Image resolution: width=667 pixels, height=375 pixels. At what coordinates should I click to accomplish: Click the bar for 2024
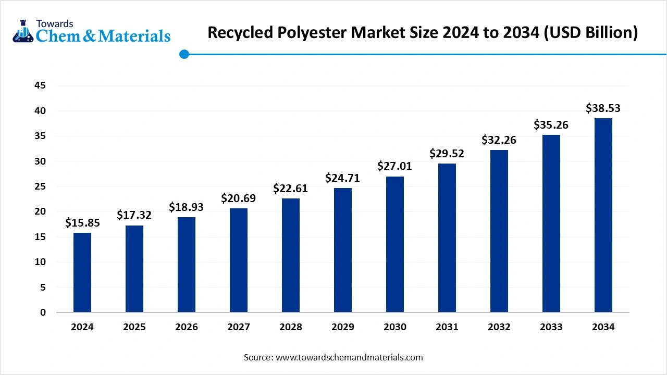pos(82,272)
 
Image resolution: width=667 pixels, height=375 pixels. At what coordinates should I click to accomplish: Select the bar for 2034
pos(603,215)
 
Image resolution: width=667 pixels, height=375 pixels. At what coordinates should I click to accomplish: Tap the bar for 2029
pos(343,250)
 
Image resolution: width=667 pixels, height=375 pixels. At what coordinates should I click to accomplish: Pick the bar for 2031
pos(447,238)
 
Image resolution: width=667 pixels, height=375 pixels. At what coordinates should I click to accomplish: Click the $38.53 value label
pos(603,108)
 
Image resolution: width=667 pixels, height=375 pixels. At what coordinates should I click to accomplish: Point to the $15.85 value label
pos(82,223)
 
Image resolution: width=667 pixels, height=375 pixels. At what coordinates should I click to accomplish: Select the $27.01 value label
pos(395,166)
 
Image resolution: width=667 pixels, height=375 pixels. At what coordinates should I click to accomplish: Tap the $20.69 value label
pos(239,198)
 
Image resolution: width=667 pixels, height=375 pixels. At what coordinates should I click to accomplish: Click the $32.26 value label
pos(499,140)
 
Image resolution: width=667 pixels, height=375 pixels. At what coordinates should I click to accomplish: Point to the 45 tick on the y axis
pos(40,85)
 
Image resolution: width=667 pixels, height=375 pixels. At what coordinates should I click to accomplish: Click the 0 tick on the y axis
pos(43,312)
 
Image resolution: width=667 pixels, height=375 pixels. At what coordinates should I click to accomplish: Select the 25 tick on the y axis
pos(40,186)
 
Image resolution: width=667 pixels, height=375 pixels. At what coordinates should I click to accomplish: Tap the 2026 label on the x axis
pos(187,327)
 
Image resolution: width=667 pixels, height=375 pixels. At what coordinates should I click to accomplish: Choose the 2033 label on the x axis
pos(551,327)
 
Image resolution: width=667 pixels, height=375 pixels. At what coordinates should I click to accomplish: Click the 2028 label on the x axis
pos(291,327)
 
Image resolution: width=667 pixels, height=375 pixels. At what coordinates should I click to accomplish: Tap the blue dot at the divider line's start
pos(184,54)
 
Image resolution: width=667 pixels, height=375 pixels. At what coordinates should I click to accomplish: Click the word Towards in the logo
pos(54,23)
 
